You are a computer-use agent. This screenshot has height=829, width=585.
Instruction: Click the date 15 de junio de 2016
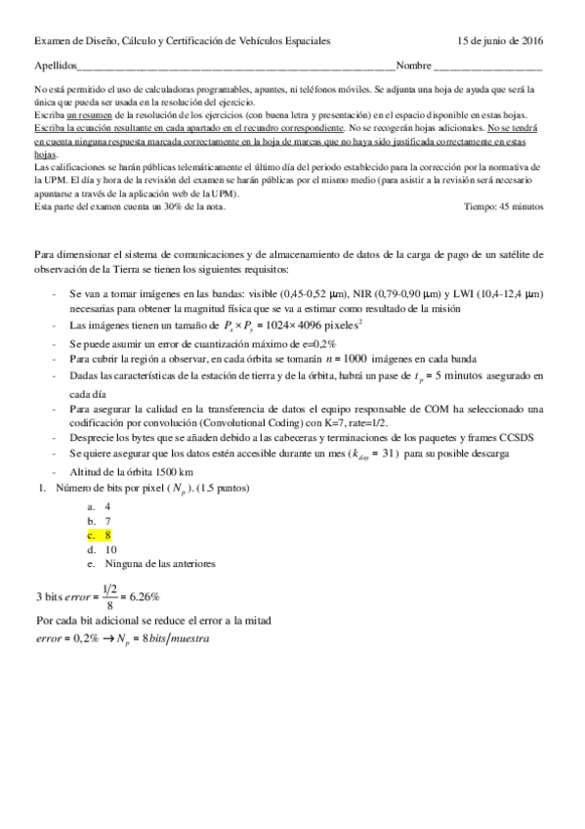click(501, 41)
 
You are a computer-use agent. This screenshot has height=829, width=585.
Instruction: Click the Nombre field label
click(414, 66)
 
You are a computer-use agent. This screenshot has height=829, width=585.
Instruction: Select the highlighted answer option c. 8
click(99, 536)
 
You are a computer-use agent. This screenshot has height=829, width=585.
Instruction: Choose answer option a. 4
click(99, 507)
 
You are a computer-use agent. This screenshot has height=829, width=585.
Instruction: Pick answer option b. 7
click(99, 522)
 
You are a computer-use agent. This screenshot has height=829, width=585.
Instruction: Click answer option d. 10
click(102, 549)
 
